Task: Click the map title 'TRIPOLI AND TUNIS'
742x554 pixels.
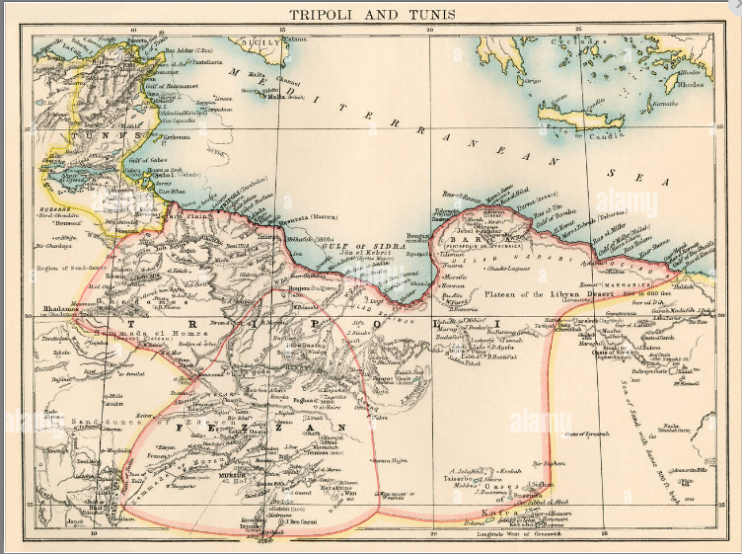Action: click(370, 14)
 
